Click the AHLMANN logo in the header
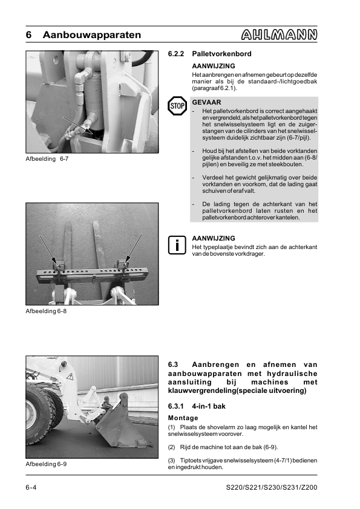coord(279,35)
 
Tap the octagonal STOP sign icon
coord(177,106)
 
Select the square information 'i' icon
coord(177,245)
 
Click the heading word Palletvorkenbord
coord(221,54)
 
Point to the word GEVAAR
coord(206,102)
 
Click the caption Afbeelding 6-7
coord(47,159)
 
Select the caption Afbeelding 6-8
coord(46,311)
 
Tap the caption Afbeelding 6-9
coord(46,464)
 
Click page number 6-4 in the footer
coord(31,488)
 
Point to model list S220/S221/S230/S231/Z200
coord(271,488)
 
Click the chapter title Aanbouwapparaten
coord(91,35)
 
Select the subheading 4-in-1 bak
coord(209,406)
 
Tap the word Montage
coord(183,418)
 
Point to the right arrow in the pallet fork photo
coord(134,248)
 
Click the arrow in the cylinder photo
coord(77,125)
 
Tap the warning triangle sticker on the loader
coord(69,377)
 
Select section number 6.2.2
coord(176,54)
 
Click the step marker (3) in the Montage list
coord(172,461)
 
